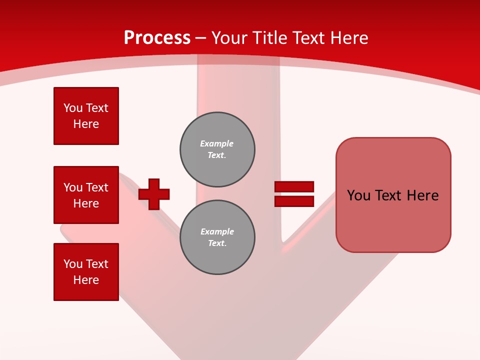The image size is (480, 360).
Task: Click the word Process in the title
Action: pos(157,37)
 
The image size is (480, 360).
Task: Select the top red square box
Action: pos(86,116)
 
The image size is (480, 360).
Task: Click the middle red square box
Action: pos(86,195)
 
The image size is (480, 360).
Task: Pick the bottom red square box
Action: pos(86,272)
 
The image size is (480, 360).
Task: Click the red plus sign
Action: pos(154,194)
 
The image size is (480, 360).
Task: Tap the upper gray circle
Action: pos(217,149)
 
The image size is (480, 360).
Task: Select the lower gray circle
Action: pos(217,237)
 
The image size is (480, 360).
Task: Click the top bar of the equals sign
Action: pos(294,186)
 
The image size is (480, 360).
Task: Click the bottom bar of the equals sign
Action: pos(294,201)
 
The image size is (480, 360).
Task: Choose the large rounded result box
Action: pos(393,220)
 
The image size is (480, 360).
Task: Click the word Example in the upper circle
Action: pos(216,143)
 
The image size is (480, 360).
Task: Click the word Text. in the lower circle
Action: pos(217,243)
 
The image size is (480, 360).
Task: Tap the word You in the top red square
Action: pos(72,108)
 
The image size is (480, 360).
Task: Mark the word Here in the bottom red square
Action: pos(86,280)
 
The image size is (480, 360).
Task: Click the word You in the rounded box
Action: pos(358,195)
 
